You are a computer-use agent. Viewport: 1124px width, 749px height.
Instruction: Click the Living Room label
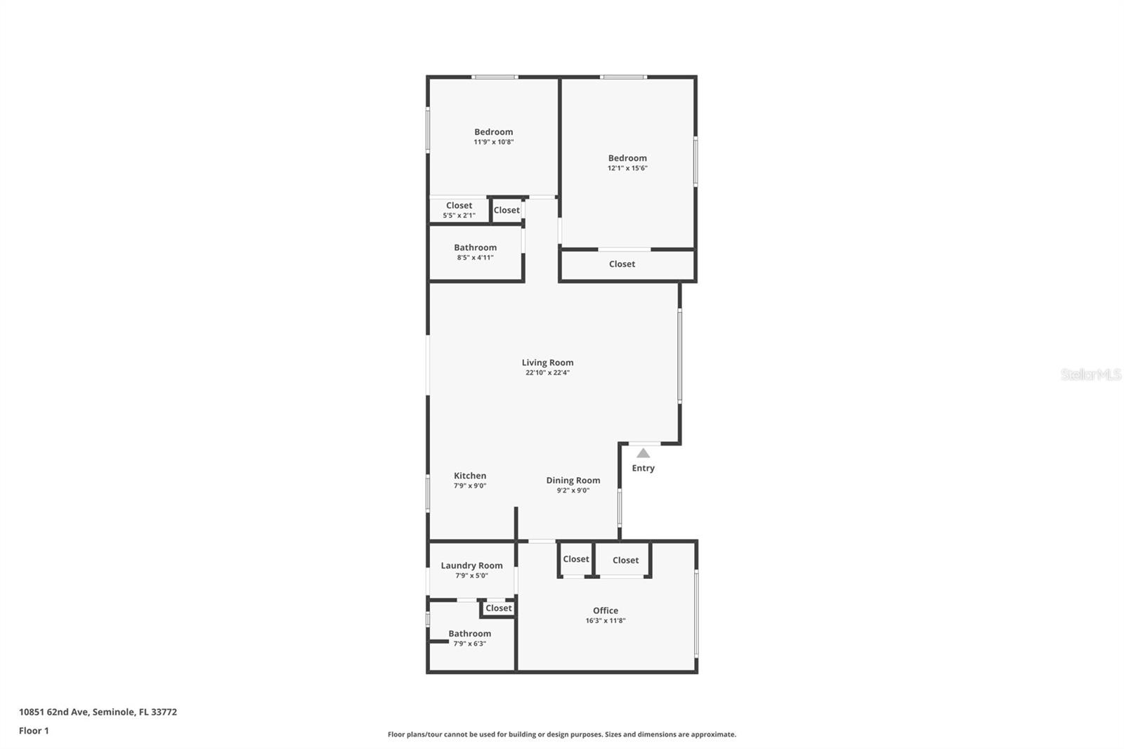coord(547,363)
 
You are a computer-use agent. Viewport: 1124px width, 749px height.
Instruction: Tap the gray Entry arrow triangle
coord(643,453)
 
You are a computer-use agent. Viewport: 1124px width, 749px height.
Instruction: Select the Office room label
coord(605,611)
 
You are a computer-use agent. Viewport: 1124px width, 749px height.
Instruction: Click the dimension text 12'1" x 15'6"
coord(627,168)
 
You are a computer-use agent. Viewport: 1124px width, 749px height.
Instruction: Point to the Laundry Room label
coord(471,566)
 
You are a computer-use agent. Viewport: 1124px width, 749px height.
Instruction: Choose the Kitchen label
coord(470,476)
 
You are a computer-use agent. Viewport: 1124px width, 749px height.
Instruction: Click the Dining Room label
coord(573,481)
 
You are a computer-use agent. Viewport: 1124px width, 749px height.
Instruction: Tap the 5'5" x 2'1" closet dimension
coord(459,216)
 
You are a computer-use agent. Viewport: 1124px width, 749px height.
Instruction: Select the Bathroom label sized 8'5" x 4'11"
coord(475,247)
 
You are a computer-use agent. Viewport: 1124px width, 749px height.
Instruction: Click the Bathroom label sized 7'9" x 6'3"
coord(470,634)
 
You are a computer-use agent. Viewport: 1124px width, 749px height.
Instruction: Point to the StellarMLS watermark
coord(1090,374)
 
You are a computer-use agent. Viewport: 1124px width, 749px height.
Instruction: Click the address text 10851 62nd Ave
coord(54,712)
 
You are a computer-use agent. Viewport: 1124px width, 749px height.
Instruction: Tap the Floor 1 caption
coord(34,731)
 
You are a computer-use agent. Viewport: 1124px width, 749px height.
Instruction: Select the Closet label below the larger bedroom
coord(622,264)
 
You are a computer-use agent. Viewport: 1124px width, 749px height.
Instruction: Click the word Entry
coord(643,468)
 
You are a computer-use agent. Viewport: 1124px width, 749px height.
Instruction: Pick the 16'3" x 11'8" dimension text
coord(606,620)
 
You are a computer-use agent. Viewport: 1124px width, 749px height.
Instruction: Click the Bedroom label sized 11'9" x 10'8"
coord(494,132)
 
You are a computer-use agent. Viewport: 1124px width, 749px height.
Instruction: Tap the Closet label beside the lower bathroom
coord(499,608)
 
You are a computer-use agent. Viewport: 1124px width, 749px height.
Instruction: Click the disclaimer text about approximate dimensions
coord(562,734)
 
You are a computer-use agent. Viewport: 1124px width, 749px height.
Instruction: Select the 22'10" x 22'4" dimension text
coord(547,372)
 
